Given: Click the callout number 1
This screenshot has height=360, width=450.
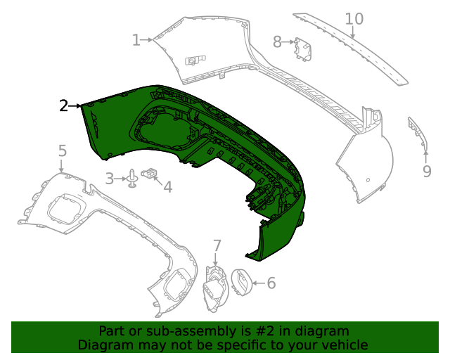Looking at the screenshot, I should coord(136,40).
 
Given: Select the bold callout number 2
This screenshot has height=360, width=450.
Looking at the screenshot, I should coord(63,105).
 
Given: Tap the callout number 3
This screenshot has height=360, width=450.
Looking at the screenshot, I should coord(110,179).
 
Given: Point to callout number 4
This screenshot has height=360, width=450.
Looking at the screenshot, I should coord(167,186).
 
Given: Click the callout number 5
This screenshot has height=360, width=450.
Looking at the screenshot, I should coord(62,150).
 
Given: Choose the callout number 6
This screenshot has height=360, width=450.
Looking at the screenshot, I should coord(271,283).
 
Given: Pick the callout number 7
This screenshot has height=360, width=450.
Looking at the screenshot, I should coord(217,245).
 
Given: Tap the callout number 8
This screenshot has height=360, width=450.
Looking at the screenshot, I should coord(277,42).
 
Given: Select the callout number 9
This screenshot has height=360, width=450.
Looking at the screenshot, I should coord(427,171).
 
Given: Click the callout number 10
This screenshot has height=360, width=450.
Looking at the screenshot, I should coord(354,18).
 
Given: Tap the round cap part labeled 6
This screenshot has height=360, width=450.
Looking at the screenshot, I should coord(241,283).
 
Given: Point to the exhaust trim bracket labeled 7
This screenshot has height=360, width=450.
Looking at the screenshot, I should coord(214,289).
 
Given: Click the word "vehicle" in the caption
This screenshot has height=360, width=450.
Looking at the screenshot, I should coord(343,345).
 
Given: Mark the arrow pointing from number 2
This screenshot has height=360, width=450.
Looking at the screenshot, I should coord(76,105).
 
